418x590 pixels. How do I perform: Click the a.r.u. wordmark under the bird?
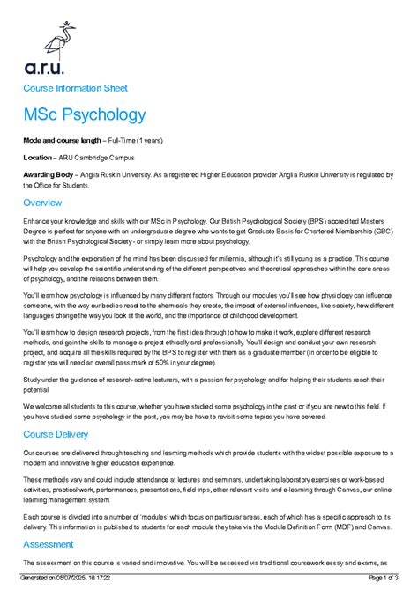pyautogui.click(x=43, y=67)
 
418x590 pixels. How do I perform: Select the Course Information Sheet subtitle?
pyautogui.click(x=75, y=88)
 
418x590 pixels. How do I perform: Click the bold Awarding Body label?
pyautogui.click(x=48, y=175)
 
